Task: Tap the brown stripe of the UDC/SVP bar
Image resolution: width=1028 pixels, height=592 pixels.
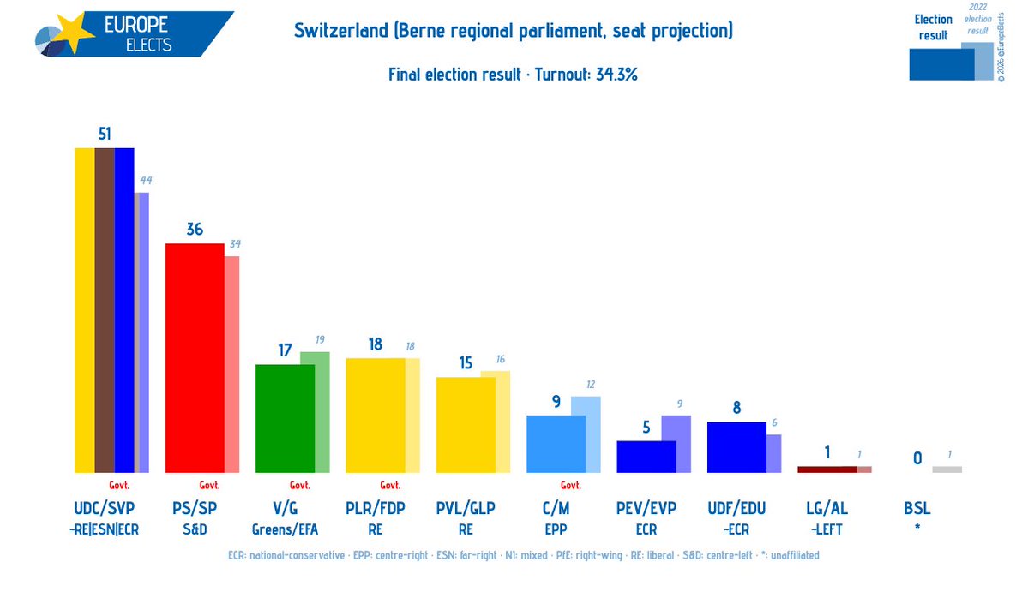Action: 105,309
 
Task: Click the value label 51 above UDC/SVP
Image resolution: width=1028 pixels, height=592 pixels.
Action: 105,134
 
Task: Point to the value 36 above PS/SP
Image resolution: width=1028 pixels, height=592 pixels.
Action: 195,230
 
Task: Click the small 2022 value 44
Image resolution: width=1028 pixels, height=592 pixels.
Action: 145,180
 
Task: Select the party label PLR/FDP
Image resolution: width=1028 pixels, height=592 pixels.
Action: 375,508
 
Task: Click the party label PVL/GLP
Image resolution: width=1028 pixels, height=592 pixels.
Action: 466,508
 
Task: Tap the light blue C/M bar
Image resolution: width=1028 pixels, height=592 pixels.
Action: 556,443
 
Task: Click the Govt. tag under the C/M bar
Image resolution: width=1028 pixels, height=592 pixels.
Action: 570,485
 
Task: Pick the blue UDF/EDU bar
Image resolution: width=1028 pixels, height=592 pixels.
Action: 736,446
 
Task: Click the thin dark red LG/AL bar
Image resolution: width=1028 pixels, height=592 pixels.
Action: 827,469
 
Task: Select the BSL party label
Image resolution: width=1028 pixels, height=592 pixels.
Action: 917,508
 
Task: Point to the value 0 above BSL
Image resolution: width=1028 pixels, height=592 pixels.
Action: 917,458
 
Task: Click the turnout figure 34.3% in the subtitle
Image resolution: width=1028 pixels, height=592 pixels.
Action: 616,75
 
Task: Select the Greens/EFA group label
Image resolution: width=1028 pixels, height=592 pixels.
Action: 285,529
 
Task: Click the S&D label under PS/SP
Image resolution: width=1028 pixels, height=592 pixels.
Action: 195,529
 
